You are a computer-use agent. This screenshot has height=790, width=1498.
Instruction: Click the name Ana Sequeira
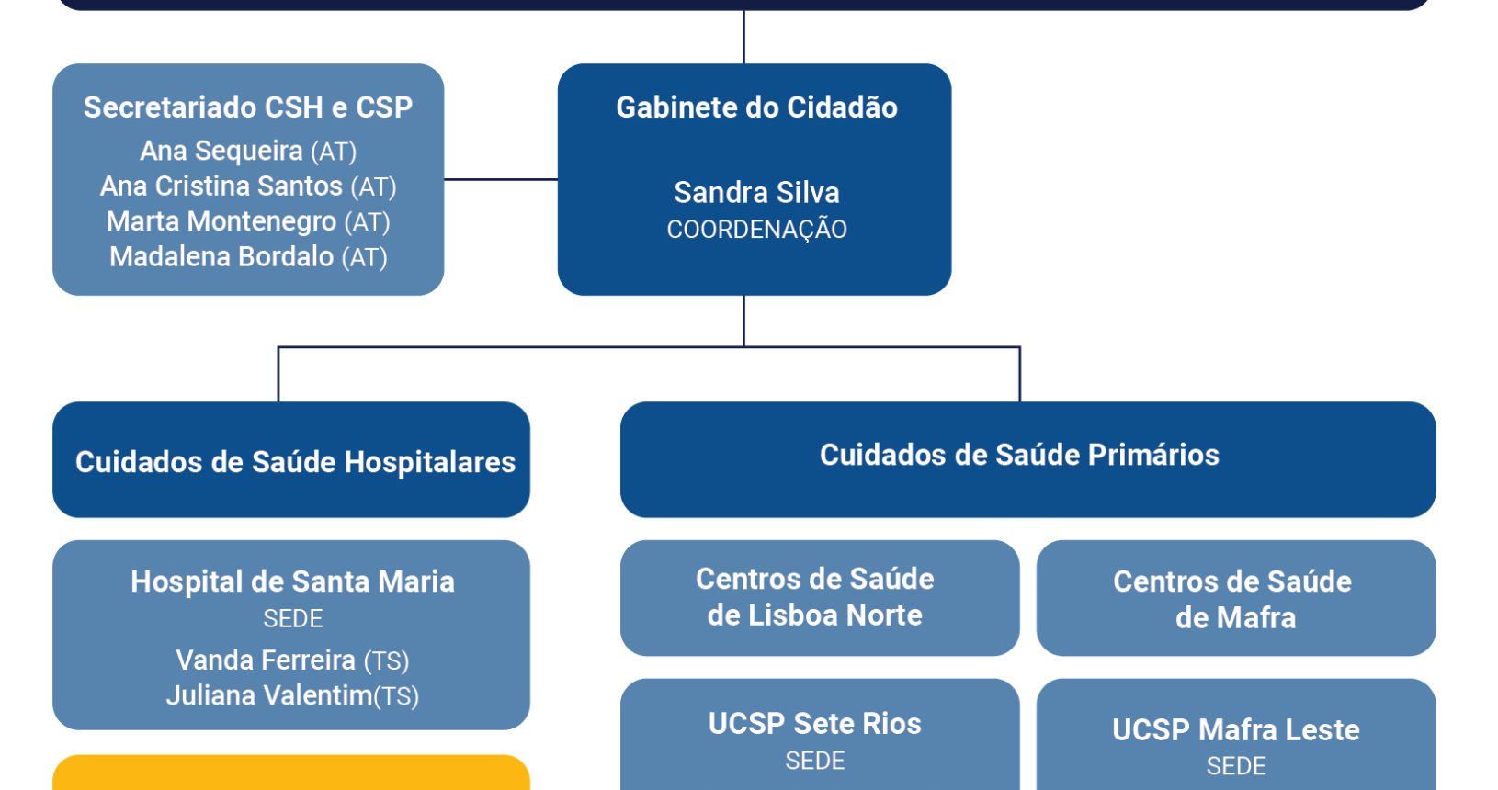pyautogui.click(x=221, y=151)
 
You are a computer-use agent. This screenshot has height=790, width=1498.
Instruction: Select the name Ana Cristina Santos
pyautogui.click(x=221, y=186)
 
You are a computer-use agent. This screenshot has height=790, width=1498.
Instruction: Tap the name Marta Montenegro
pyautogui.click(x=221, y=221)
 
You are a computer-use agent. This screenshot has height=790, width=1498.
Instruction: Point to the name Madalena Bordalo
pyautogui.click(x=221, y=257)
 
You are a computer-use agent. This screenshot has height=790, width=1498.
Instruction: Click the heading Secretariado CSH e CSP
pyautogui.click(x=248, y=107)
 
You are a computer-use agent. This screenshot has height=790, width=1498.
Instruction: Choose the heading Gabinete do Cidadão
pyautogui.click(x=756, y=107)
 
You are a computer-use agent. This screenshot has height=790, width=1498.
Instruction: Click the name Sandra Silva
pyautogui.click(x=756, y=193)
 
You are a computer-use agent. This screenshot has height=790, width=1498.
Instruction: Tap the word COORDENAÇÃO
pyautogui.click(x=756, y=230)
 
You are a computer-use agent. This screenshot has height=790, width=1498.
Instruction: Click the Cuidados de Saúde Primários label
pyautogui.click(x=1019, y=456)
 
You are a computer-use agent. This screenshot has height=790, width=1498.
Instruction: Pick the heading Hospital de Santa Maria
pyautogui.click(x=292, y=581)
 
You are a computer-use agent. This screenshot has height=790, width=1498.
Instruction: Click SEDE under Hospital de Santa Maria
pyautogui.click(x=292, y=619)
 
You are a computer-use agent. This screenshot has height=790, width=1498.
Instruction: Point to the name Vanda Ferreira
pyautogui.click(x=266, y=660)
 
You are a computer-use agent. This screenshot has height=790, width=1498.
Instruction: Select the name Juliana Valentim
pyautogui.click(x=268, y=696)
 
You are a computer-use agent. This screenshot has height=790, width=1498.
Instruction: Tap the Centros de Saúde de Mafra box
pyautogui.click(x=1234, y=599)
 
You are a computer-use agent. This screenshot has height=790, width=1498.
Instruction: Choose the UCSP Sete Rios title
pyautogui.click(x=814, y=724)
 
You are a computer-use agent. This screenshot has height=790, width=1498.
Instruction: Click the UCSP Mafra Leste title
pyautogui.click(x=1235, y=730)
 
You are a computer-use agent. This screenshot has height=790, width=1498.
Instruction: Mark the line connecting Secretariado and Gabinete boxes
pyautogui.click(x=501, y=179)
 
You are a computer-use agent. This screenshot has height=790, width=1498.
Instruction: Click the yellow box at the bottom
pyautogui.click(x=291, y=773)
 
